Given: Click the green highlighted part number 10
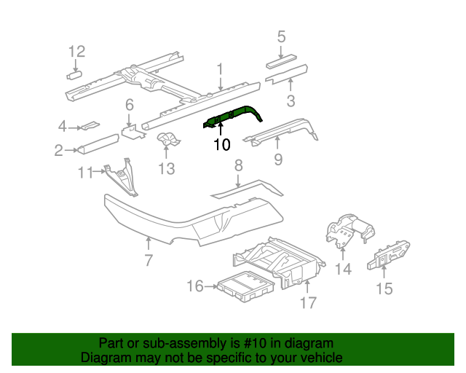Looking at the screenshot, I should (x=232, y=117).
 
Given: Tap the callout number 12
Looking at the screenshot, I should (x=76, y=51).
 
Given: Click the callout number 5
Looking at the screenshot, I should (x=281, y=36).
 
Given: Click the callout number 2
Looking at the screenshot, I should (x=58, y=151).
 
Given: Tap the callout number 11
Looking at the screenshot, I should (x=85, y=172).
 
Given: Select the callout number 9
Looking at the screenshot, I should (x=277, y=160).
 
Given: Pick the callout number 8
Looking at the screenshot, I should (x=237, y=167).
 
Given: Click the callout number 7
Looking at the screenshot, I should (x=148, y=259).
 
